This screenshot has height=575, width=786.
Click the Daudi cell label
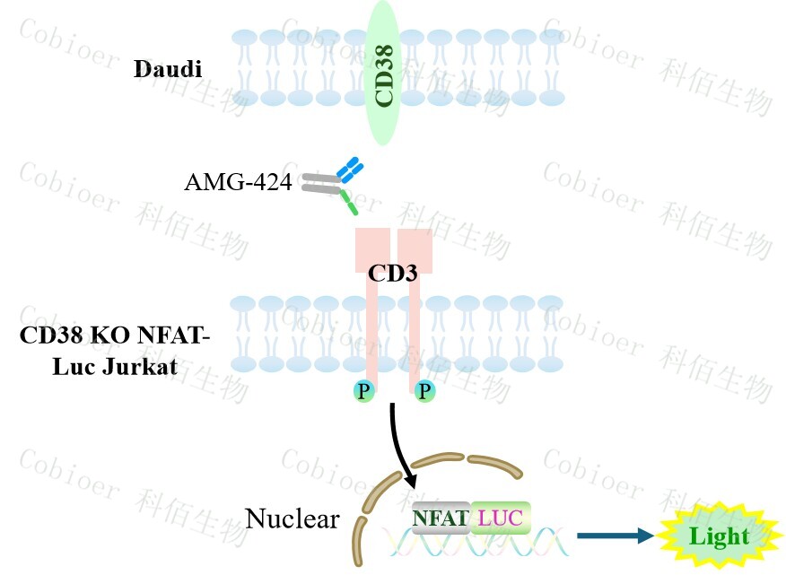[168, 69]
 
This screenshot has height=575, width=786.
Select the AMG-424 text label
[238, 183]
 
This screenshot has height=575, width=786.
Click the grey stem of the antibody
[319, 183]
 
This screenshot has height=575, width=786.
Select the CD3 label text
[393, 274]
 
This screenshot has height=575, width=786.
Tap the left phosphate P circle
[363, 391]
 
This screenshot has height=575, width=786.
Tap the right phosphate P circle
[424, 391]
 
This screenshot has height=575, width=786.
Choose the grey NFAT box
[440, 517]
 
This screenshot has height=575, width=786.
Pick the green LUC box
[499, 517]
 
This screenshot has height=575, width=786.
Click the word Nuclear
[293, 518]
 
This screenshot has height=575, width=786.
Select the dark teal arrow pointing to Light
[615, 536]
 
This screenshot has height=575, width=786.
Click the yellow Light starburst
[718, 536]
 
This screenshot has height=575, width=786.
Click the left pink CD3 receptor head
[372, 248]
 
